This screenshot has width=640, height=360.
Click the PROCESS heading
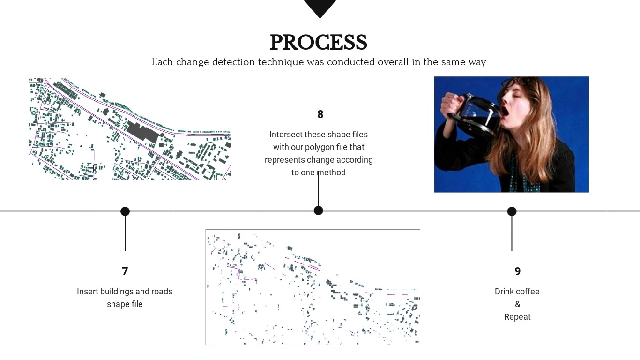coord(319,43)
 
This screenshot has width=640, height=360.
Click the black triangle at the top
coord(320,7)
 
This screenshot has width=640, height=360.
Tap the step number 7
coord(125,271)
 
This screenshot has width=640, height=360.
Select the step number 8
coord(320,114)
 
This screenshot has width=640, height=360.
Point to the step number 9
coord(517,271)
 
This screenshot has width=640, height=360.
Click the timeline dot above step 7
coord(125,211)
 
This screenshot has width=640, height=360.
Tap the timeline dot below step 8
coord(319,210)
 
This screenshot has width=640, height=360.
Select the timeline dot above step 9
coord(512,211)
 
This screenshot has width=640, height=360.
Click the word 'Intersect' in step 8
coord(286,135)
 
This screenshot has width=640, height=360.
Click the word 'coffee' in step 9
coord(528,292)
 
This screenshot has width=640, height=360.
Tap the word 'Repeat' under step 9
coord(517,317)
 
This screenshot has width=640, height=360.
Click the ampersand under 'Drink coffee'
coord(517,304)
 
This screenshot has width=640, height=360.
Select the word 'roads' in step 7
coord(162,292)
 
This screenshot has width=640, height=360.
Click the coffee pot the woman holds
coord(473,117)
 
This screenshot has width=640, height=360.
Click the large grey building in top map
coord(141,131)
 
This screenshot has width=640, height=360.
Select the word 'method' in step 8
coord(331,172)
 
